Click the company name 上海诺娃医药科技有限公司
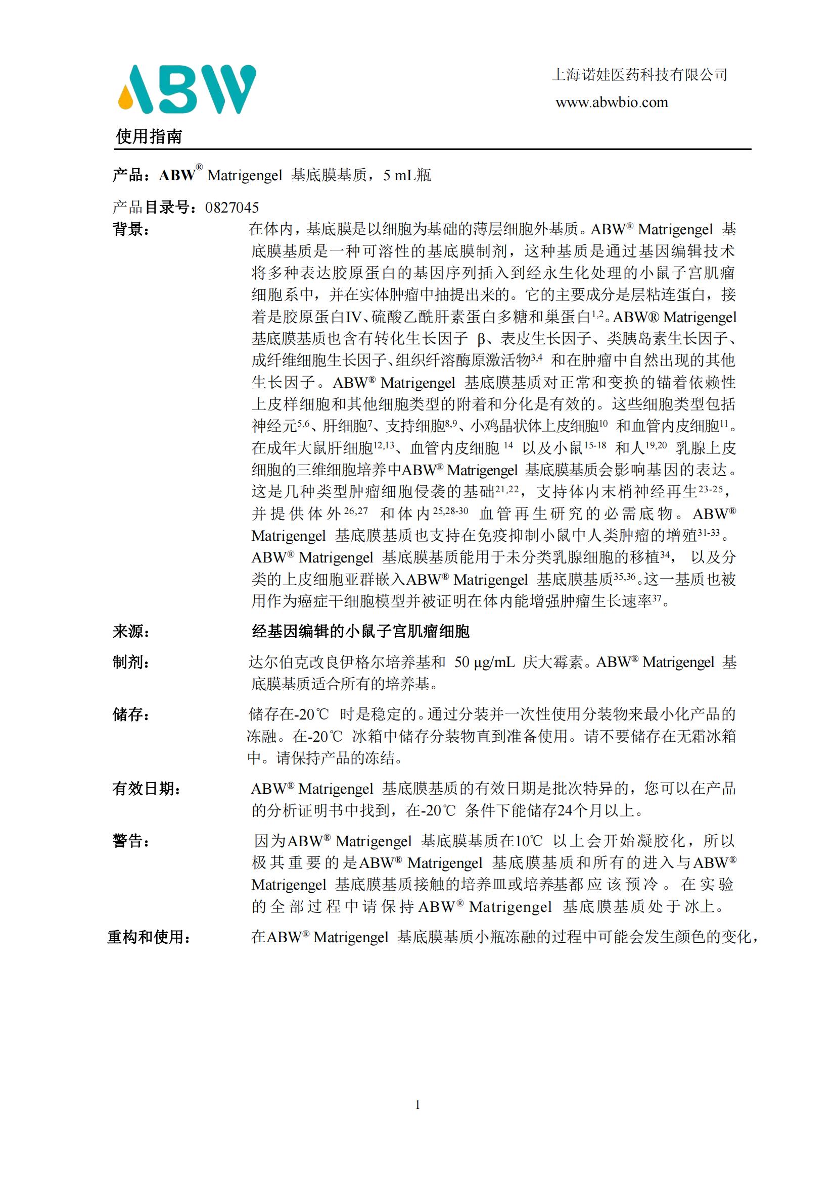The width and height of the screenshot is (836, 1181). (639, 75)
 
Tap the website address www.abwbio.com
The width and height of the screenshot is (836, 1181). (612, 102)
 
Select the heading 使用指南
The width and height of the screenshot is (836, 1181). (149, 136)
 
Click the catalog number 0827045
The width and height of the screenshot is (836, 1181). (231, 208)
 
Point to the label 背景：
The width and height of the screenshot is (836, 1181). (131, 229)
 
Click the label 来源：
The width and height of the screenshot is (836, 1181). (131, 631)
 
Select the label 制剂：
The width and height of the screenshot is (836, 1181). (131, 662)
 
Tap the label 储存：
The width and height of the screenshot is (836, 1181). (131, 714)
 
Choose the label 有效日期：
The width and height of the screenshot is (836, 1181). (147, 789)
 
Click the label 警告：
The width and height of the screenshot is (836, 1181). (131, 841)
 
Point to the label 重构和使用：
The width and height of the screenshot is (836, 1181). (149, 937)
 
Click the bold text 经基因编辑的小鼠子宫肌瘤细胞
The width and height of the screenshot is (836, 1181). (360, 631)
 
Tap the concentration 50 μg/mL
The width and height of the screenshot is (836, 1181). (484, 662)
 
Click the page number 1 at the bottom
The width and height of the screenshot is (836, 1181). (417, 1104)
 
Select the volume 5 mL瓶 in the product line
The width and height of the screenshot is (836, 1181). (407, 175)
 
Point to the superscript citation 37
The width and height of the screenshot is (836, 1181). (657, 598)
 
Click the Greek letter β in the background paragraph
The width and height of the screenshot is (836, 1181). (481, 338)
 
